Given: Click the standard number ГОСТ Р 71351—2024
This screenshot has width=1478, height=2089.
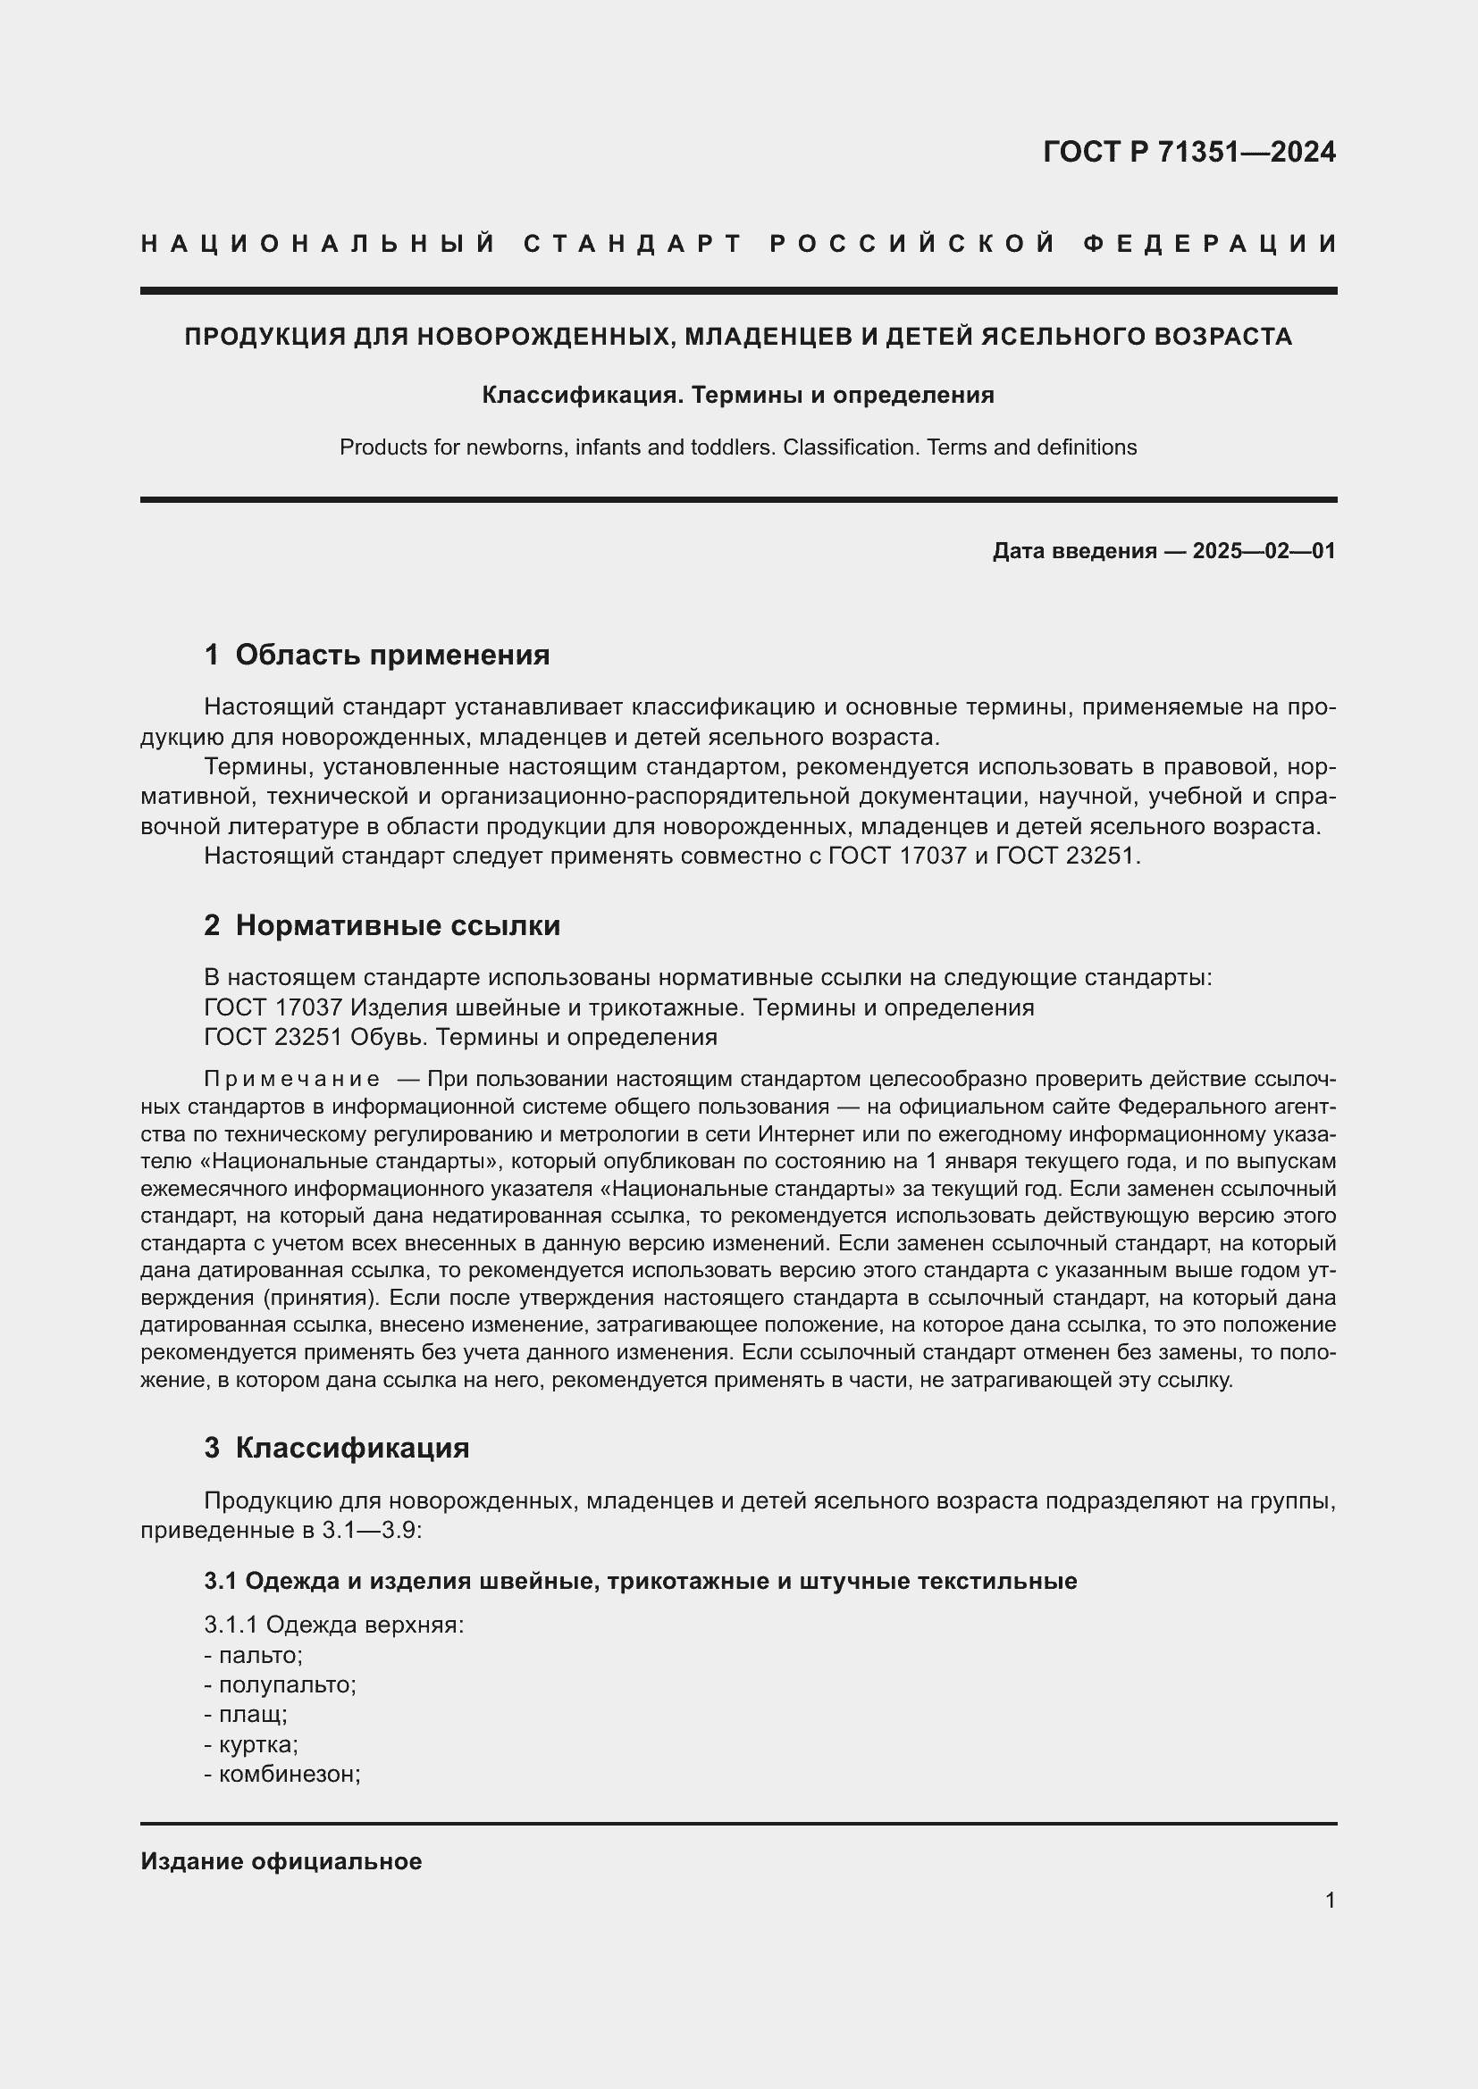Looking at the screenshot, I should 1188,152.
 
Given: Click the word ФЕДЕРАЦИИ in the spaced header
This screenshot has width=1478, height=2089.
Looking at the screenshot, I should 1209,244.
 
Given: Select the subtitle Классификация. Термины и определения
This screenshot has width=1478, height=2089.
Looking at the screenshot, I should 737,395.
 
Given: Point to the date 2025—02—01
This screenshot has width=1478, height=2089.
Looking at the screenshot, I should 1264,551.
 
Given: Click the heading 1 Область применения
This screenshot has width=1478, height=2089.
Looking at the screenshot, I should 377,655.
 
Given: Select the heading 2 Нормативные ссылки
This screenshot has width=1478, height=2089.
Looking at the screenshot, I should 382,925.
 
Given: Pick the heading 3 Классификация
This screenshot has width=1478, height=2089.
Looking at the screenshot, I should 337,1448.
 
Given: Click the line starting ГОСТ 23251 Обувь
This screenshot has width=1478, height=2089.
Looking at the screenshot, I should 460,1037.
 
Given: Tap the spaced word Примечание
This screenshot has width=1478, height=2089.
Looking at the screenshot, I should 292,1079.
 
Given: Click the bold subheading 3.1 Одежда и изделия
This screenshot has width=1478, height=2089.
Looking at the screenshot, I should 640,1582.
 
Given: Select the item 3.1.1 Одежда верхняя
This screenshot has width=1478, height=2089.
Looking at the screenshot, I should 334,1625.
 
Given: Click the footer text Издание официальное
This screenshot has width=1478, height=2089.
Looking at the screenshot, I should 281,1861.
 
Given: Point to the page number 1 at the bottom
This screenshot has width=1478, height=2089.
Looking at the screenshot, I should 1330,1901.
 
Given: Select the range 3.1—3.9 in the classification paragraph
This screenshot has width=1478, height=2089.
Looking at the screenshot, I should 372,1531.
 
